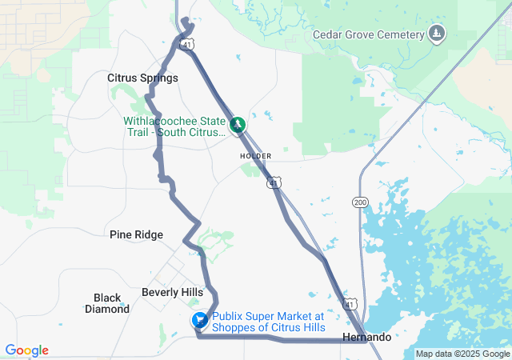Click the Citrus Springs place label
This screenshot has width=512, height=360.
click(x=142, y=78)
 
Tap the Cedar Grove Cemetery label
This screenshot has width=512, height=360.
click(x=367, y=34)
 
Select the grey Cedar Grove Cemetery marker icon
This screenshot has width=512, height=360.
click(x=436, y=34)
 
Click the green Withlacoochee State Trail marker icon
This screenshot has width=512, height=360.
click(x=238, y=125)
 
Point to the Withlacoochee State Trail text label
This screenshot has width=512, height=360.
click(x=174, y=126)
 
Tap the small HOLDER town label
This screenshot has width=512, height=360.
click(x=255, y=155)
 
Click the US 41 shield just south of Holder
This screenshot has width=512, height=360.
click(x=274, y=183)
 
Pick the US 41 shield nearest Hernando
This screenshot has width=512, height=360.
click(x=350, y=303)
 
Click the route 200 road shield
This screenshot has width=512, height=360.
click(x=360, y=202)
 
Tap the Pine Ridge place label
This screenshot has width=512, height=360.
click(x=136, y=234)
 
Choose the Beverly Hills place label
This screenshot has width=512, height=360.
click(x=172, y=292)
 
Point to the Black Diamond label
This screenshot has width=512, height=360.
click(x=107, y=303)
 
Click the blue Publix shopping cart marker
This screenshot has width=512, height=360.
click(x=199, y=321)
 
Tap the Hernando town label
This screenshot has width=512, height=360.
click(x=366, y=337)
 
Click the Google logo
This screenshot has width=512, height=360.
click(x=26, y=350)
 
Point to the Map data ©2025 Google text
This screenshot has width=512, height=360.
click(x=462, y=354)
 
